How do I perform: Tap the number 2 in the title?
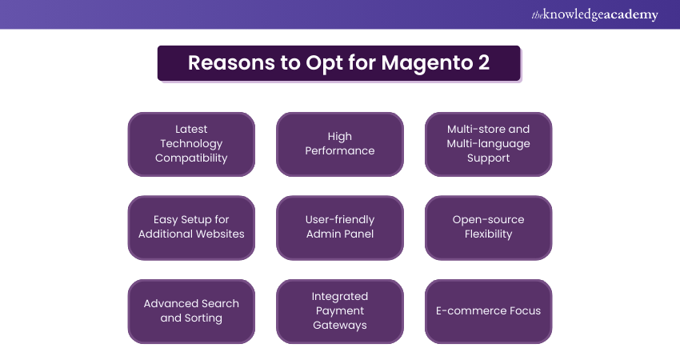point(484,63)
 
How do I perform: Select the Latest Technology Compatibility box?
point(191,144)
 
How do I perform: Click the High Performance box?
point(339,144)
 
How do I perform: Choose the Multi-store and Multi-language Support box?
point(488,144)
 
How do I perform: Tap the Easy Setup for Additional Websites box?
point(191,227)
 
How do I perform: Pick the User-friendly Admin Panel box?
point(339,227)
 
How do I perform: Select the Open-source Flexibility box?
point(488,227)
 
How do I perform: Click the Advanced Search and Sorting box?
point(191,311)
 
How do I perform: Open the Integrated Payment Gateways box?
point(339,311)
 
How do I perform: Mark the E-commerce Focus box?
point(488,311)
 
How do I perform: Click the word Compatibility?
point(191,158)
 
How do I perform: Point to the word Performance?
point(339,151)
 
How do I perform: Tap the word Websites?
point(218,234)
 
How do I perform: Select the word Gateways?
point(339,326)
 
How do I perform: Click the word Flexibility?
point(488,234)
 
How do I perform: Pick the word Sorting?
point(203,318)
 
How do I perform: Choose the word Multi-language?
point(488,144)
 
